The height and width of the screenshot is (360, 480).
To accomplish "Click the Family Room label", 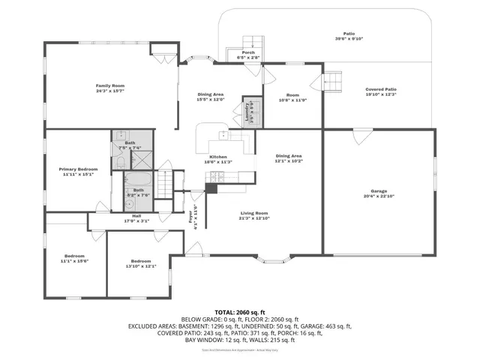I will [x=109, y=86].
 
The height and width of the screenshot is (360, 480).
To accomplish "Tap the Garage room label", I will [x=378, y=191].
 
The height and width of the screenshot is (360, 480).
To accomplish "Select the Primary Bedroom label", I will [x=79, y=169].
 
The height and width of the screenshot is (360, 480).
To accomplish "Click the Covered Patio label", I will [x=380, y=89].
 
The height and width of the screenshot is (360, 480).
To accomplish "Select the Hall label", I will [x=136, y=217].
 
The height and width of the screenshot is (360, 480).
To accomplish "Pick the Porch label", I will [x=248, y=52].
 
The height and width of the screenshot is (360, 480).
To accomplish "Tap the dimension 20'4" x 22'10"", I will [x=378, y=196].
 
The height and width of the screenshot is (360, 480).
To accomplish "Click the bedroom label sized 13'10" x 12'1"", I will [x=141, y=263].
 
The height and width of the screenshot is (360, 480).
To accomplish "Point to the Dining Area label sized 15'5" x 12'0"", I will [x=211, y=94].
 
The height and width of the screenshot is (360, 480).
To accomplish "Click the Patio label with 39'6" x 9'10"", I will [x=349, y=34].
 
